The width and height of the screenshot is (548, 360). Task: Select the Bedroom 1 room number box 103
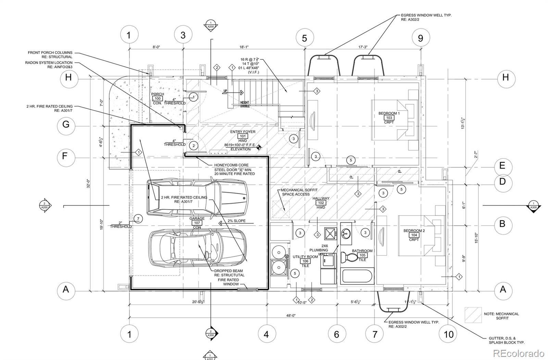pos(389,118)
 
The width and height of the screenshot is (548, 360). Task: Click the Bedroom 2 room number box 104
pos(414,235)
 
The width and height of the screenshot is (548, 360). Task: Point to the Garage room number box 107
pos(197,223)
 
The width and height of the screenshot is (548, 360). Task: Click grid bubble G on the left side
pos(66,124)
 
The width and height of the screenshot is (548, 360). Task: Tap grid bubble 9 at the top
pos(420,38)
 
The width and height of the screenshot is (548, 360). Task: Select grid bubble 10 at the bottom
pos(448,334)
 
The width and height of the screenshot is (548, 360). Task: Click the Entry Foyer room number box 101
pos(243,136)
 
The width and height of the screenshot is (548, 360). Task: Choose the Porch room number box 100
pos(158,99)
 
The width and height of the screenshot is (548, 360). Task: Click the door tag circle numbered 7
pos(138,219)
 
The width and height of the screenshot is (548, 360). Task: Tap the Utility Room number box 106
pos(305,261)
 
